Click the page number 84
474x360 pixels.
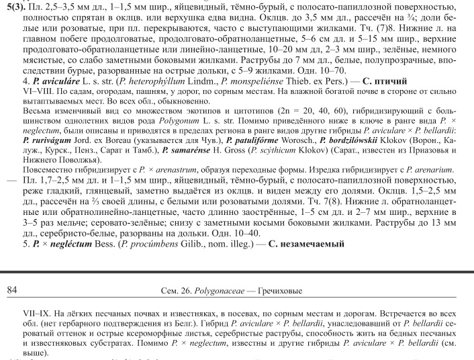click(11, 290)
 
